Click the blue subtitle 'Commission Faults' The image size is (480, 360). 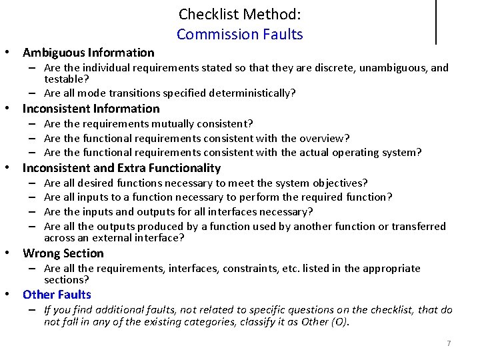pyautogui.click(x=239, y=35)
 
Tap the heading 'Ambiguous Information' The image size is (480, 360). pyautogui.click(x=89, y=53)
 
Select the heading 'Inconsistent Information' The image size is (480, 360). pyautogui.click(x=91, y=109)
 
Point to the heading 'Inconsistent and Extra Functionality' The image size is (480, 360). pyautogui.click(x=121, y=168)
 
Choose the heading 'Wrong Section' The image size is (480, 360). pyautogui.click(x=63, y=253)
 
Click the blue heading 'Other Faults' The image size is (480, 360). pyautogui.click(x=57, y=295)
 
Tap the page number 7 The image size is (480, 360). pyautogui.click(x=449, y=343)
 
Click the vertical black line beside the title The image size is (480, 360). pyautogui.click(x=436, y=21)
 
